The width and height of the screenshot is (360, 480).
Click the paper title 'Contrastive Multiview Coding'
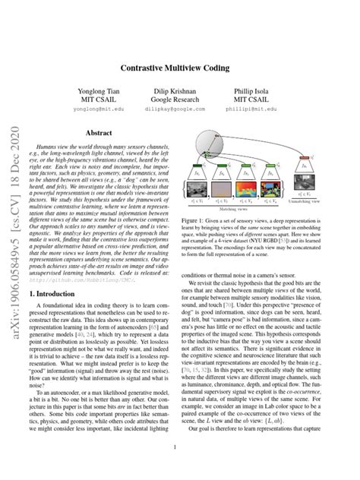pos(180,67)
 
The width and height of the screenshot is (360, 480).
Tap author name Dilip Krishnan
pos(179,92)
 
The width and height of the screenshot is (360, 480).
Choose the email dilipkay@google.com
pos(179,109)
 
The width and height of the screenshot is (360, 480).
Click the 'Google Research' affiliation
pos(179,100)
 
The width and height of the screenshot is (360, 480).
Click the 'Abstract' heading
pos(99,131)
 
